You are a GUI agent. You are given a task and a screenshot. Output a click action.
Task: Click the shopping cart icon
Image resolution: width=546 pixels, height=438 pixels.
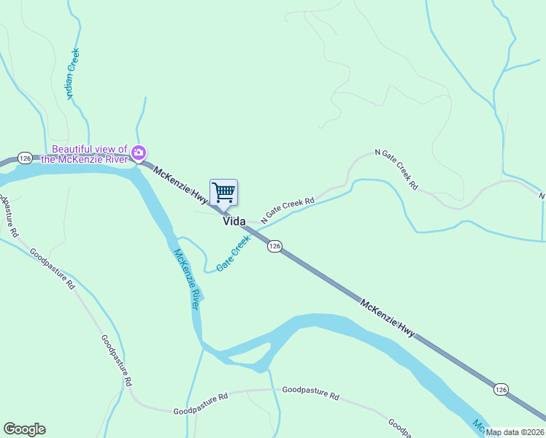click(224, 193)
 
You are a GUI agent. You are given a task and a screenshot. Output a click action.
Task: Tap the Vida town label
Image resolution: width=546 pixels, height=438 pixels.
click(234, 221)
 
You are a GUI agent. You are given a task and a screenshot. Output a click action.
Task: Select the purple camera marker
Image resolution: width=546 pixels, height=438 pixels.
click(139, 153)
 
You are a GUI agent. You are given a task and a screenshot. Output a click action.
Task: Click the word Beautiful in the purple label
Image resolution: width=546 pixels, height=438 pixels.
click(75, 149)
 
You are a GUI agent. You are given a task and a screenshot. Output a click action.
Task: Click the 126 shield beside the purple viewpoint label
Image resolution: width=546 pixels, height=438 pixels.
click(26, 158)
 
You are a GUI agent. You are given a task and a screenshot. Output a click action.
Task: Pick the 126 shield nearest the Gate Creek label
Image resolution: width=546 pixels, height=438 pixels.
click(274, 247)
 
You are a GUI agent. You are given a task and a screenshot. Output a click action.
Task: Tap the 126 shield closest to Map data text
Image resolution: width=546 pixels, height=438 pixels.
click(500, 389)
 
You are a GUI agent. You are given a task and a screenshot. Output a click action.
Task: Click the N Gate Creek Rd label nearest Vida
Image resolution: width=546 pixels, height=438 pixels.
click(289, 207)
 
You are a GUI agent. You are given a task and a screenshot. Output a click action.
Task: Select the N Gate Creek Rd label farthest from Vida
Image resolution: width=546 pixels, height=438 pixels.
click(396, 169)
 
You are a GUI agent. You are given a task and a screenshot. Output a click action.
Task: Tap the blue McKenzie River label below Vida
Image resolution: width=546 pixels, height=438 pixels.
click(186, 279)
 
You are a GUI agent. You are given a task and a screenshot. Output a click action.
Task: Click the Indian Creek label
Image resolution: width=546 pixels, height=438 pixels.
click(72, 73)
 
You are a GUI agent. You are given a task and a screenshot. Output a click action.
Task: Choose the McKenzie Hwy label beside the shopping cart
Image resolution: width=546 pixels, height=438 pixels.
click(180, 185)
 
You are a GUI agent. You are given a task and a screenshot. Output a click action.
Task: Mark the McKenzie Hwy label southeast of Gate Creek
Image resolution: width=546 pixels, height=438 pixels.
click(387, 317)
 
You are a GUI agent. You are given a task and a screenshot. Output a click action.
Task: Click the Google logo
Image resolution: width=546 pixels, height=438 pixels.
click(24, 429)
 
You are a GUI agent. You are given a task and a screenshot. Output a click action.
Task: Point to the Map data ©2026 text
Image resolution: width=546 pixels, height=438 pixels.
click(515, 432)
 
